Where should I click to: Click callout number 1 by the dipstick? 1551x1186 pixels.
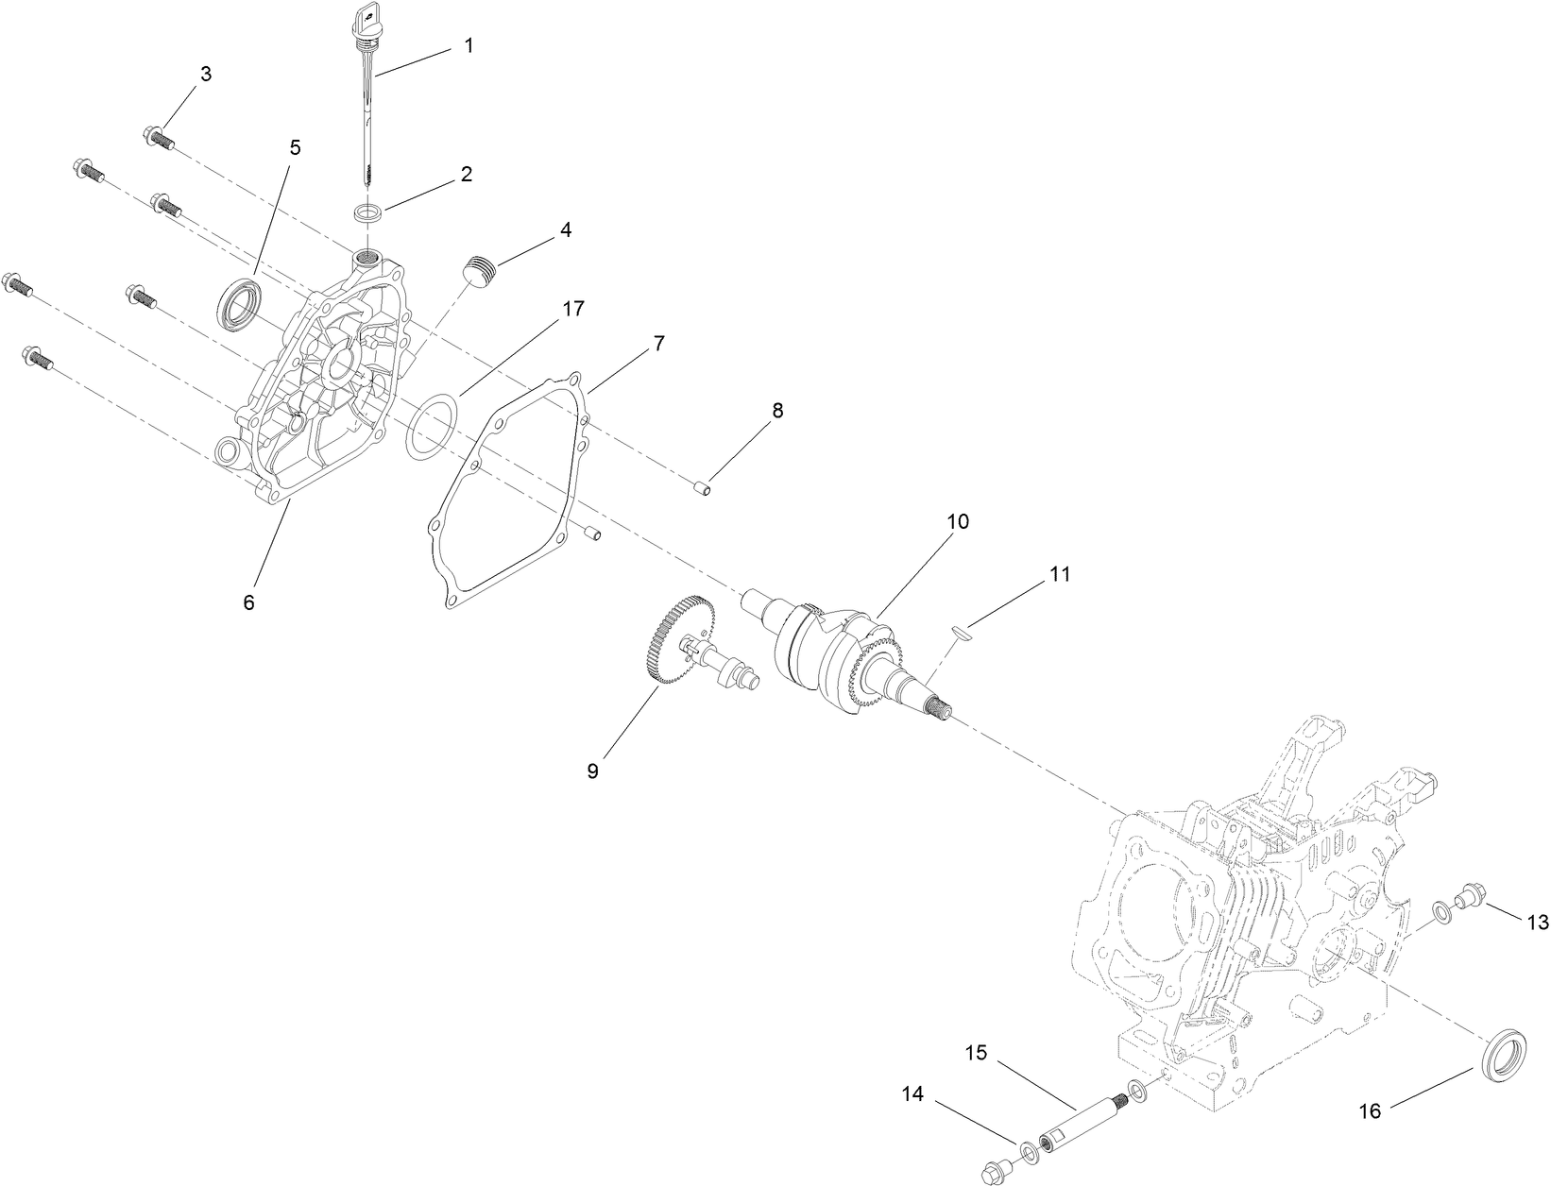coord(469,45)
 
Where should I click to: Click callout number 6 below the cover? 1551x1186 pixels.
coord(248,601)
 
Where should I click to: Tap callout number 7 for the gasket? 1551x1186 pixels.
coord(658,344)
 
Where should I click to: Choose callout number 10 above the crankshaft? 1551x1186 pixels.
coord(960,521)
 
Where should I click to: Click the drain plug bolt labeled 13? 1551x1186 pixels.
coord(1471,893)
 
